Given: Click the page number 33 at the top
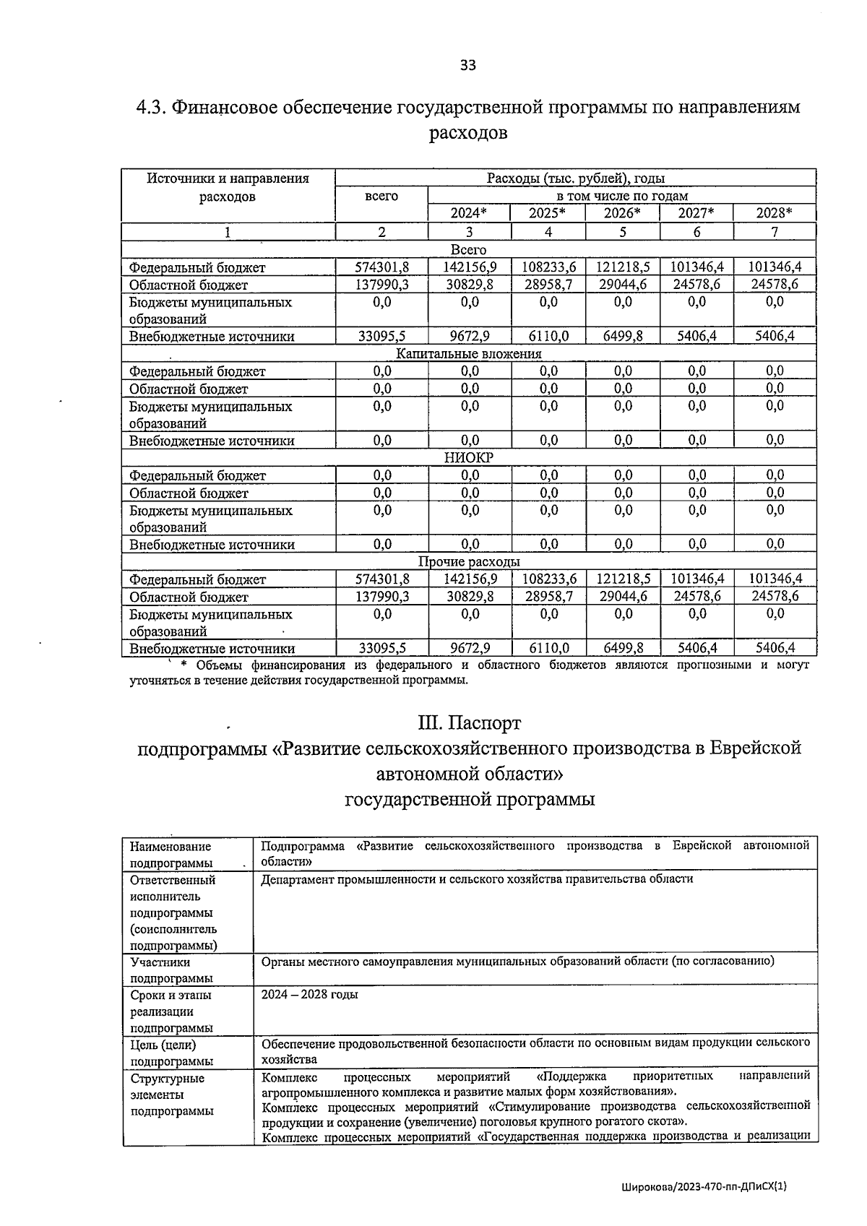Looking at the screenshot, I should [x=468, y=66].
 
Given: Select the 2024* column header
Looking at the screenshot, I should [x=468, y=213].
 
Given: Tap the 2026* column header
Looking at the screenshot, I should [x=622, y=213].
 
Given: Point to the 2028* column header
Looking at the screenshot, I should [x=774, y=213].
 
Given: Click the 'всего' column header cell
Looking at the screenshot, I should [x=381, y=197].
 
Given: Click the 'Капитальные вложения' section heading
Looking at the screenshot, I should [x=469, y=354].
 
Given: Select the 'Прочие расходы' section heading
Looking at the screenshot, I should [x=469, y=562].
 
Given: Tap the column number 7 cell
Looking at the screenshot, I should [x=774, y=232].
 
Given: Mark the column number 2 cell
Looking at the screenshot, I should [x=381, y=232].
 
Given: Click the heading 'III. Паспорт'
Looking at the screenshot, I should [x=469, y=722].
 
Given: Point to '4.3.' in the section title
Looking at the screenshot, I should [x=152, y=108].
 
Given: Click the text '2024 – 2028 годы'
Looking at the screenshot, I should [x=310, y=995].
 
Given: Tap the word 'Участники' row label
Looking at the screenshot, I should [x=160, y=962].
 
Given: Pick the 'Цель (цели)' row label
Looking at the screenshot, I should [x=163, y=1045].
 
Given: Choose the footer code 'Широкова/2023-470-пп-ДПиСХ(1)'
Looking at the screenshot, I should [x=702, y=1186].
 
